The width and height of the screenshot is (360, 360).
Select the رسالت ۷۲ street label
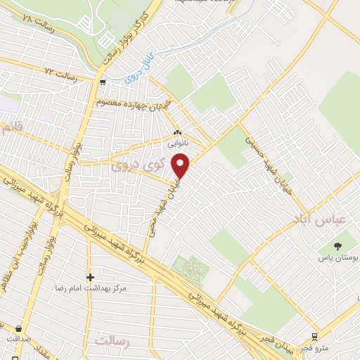59,72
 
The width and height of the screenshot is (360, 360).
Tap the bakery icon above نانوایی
178,132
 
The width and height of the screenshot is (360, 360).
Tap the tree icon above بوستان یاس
337,246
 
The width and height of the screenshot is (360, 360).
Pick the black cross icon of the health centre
89,277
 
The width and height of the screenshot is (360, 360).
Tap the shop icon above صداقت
17,328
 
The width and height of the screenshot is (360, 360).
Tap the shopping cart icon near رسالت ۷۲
103,82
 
